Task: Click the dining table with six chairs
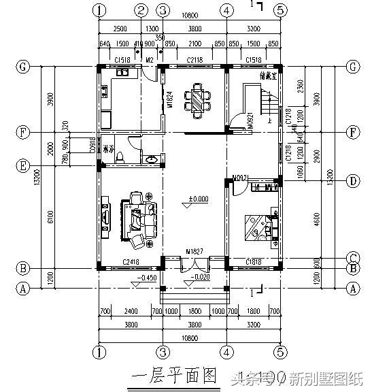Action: coord(196,100)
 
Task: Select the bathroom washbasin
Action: coord(153,159)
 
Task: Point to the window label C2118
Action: coord(195,61)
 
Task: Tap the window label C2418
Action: coord(131,262)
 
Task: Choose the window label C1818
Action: coord(252,262)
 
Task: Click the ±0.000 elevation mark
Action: coord(198,199)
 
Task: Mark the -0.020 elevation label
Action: coord(199,278)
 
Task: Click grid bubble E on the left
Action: coord(24,165)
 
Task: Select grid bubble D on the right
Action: coord(352,181)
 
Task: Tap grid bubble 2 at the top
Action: coord(141,10)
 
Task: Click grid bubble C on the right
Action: coord(352,257)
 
